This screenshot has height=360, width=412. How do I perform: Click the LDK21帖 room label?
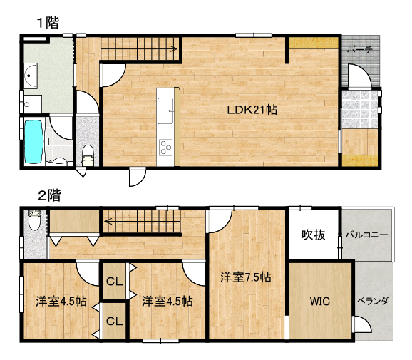pyautogui.click(x=252, y=110)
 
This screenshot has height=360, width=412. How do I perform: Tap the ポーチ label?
pyautogui.click(x=360, y=49)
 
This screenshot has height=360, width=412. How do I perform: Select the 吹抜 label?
pyautogui.click(x=314, y=235)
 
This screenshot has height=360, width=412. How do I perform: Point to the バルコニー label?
pyautogui.click(x=366, y=235)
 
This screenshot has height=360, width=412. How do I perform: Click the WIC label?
pyautogui.click(x=320, y=301)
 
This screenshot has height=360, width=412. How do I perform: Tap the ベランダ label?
pyautogui.click(x=373, y=301)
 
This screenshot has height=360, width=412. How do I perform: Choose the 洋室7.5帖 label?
pyautogui.click(x=246, y=277)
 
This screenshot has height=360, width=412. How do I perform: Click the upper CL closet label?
pyautogui.click(x=114, y=282)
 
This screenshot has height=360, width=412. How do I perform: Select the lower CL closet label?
pyautogui.click(x=114, y=321)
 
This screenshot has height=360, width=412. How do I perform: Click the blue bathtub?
pyautogui.click(x=34, y=141)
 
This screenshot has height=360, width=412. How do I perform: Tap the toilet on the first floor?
pyautogui.click(x=88, y=155)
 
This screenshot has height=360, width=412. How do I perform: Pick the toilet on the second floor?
pyautogui.click(x=34, y=220)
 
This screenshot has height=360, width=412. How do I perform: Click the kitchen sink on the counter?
pyautogui.click(x=165, y=110)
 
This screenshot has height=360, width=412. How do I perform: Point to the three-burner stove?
pyautogui.click(x=166, y=148)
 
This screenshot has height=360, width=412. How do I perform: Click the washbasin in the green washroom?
pyautogui.click(x=31, y=76)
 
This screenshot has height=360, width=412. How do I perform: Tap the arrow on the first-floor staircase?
pyautogui.click(x=139, y=48)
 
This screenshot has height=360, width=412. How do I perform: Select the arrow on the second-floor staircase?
pyautogui.click(x=143, y=221)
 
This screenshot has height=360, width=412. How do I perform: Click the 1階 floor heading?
pyautogui.click(x=48, y=23)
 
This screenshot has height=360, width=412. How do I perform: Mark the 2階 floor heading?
pyautogui.click(x=49, y=195)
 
